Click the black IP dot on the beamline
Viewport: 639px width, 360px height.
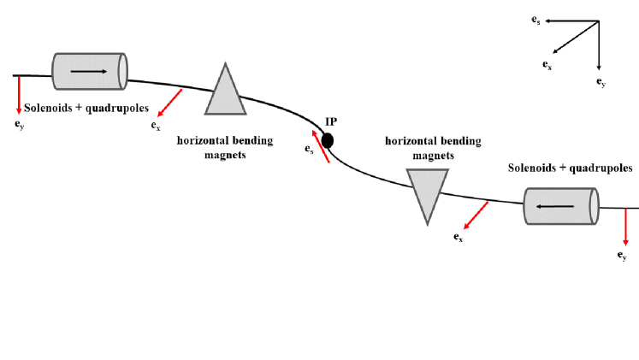coord(328,140)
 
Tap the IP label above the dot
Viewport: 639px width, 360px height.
coord(331,122)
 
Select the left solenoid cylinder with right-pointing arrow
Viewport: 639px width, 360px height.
coord(90,70)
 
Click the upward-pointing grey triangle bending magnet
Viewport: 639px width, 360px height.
coord(225,93)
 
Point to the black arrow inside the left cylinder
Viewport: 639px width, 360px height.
coord(90,70)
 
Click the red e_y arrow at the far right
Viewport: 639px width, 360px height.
coord(625,226)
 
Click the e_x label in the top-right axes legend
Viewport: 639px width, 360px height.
coord(547,64)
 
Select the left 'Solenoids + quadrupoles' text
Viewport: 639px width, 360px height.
coord(87,109)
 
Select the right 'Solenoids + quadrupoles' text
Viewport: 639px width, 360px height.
coord(571,168)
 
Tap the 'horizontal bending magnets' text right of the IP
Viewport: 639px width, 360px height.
coord(433,148)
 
